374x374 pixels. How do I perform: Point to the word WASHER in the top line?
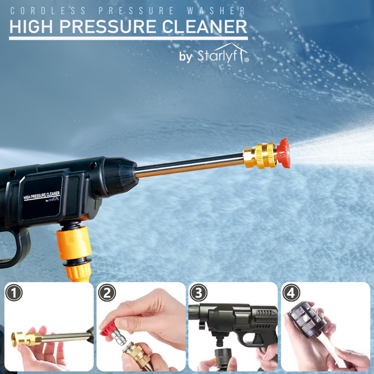click(216, 11)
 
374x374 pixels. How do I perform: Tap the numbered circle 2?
click(106, 294)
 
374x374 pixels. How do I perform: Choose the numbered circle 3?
click(199, 294)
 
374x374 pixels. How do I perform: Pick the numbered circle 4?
click(291, 294)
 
